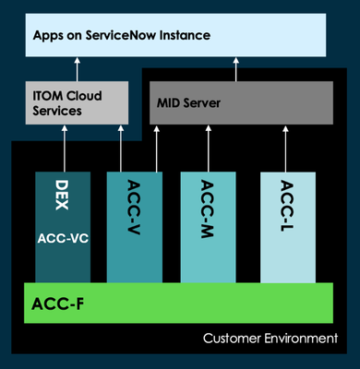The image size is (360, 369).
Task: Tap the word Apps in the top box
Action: [49, 35]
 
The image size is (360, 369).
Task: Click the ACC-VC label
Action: [63, 237]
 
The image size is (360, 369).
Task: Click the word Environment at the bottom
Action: [298, 339]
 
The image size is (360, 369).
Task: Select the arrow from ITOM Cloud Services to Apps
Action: [78, 69]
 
